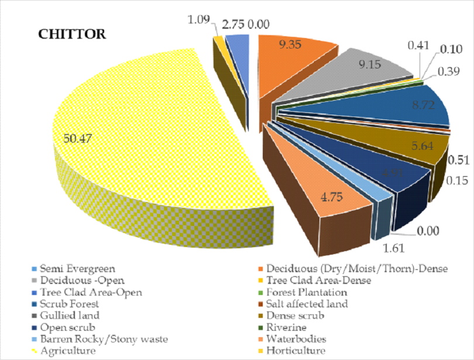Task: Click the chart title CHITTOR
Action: (x=72, y=34)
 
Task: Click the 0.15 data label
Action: (x=454, y=181)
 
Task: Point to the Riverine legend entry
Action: (x=286, y=328)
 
